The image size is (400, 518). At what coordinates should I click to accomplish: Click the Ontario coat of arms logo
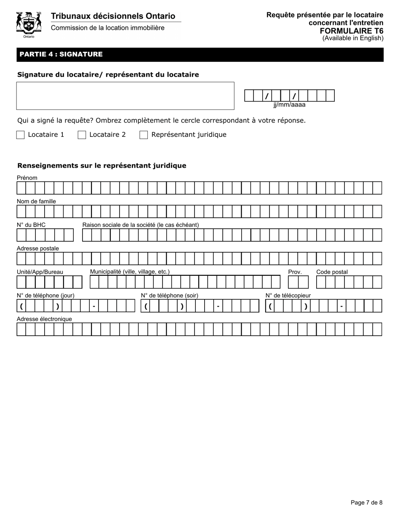[29, 24]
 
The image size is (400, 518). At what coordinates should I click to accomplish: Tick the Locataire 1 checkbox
[20, 135]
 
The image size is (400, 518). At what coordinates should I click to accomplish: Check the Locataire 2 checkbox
[82, 135]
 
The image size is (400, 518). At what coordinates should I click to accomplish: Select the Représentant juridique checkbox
[144, 135]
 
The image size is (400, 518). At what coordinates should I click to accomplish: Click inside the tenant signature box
[125, 96]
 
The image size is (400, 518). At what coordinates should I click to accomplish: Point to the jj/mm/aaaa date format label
[289, 105]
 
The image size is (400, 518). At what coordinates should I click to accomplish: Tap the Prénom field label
[27, 178]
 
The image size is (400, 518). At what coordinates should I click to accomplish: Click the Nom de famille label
[36, 201]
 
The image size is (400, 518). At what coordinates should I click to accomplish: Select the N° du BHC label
[31, 225]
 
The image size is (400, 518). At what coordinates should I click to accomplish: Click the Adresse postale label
[38, 248]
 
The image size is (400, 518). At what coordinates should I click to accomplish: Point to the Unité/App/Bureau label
[40, 272]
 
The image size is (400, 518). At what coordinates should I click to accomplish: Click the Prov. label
[295, 272]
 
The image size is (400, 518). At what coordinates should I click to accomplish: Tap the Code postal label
[332, 272]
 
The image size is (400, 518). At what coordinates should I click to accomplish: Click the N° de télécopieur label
[288, 296]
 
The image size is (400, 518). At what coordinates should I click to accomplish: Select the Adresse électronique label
[44, 319]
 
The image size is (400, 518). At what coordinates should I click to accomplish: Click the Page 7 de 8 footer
[367, 502]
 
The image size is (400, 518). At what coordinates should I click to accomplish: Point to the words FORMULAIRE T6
[352, 31]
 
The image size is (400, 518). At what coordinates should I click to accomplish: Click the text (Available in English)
[353, 38]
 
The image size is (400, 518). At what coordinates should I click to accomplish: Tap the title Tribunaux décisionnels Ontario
[113, 16]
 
